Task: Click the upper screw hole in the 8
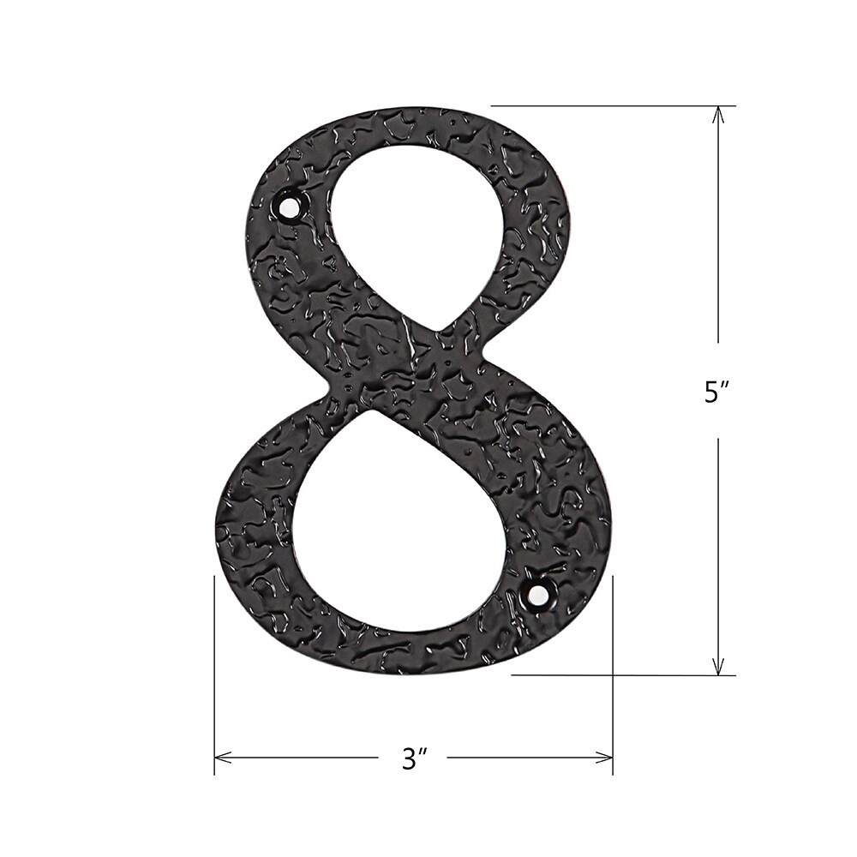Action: (x=291, y=207)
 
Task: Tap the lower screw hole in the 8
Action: (x=538, y=593)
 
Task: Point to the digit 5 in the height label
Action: (x=710, y=392)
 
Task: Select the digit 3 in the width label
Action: (x=409, y=758)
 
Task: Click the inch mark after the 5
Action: (x=725, y=385)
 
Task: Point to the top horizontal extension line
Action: (x=600, y=105)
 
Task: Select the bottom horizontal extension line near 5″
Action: (x=617, y=675)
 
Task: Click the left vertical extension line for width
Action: (x=214, y=668)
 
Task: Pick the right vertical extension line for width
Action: (x=613, y=668)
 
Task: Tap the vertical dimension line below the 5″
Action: (x=718, y=548)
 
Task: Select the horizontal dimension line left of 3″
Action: (x=300, y=757)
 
